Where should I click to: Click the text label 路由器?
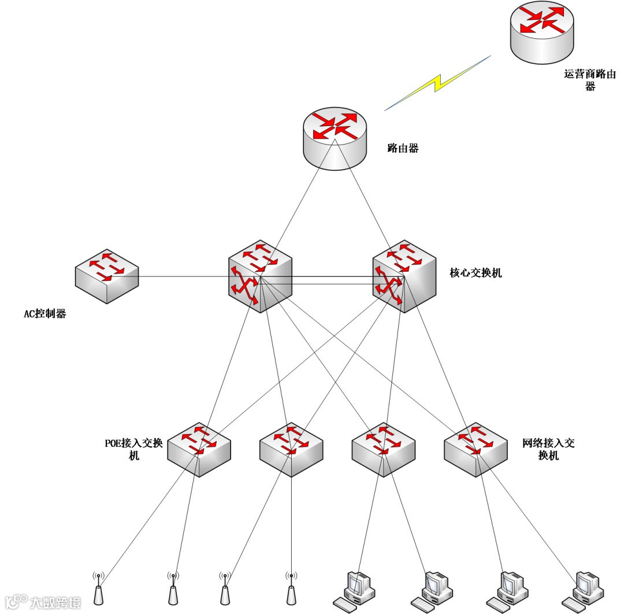pos(403,148)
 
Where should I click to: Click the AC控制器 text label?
pos(44,315)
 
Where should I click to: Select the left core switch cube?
pos(260,276)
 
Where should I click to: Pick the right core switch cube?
pos(404,276)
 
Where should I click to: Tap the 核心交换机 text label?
pos(476,272)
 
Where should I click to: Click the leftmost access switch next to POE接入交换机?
pos(199,449)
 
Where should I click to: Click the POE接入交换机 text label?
pos(133,449)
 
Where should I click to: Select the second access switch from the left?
pos(291,449)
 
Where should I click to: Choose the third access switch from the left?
pos(383,449)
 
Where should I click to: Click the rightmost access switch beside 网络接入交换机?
pos(476,449)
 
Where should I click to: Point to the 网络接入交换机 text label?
pos(548,449)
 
